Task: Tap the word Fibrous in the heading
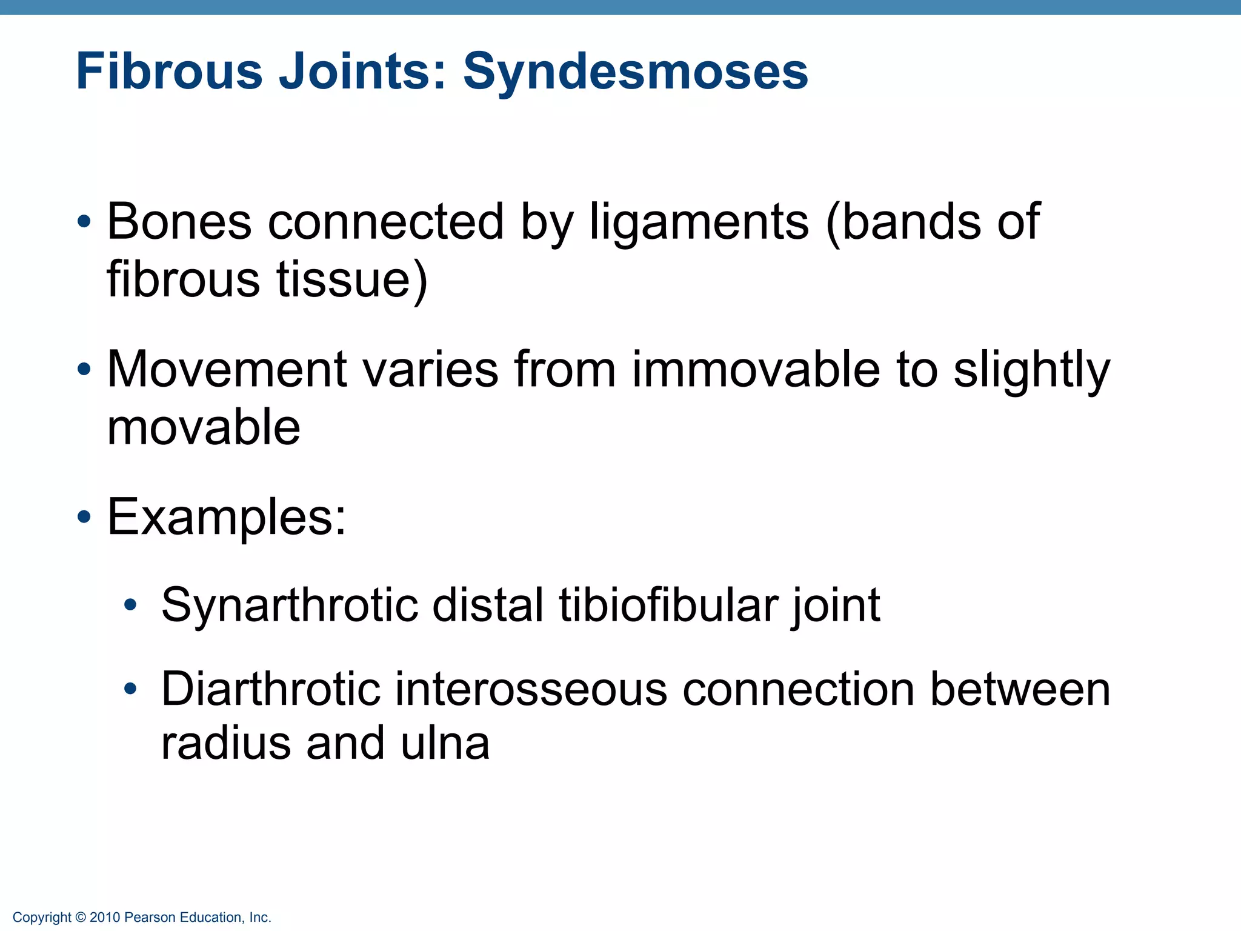[169, 72]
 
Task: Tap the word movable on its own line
[204, 427]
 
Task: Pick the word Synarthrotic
[290, 605]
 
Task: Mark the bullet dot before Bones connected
[85, 222]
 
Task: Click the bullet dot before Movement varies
[85, 369]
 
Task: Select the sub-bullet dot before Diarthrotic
[130, 689]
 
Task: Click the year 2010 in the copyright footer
[105, 918]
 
